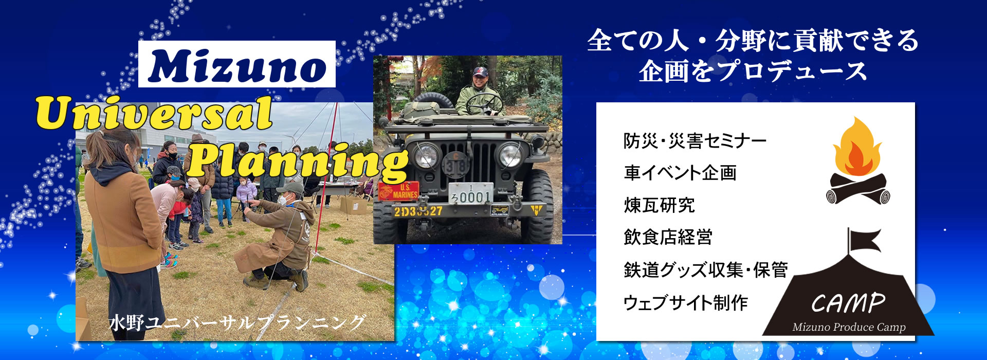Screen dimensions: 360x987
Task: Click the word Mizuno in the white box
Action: (237, 65)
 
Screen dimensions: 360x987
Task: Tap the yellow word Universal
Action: (154, 114)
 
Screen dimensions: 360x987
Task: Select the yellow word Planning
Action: (298, 162)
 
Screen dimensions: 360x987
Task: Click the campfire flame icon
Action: (857, 149)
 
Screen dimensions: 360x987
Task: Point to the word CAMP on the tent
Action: (848, 303)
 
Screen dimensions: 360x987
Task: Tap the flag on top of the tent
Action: (864, 241)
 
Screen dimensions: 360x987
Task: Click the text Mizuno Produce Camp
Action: (849, 327)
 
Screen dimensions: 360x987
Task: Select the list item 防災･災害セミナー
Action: (695, 141)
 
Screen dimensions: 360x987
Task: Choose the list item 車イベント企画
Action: (680, 173)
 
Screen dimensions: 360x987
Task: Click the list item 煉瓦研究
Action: (660, 206)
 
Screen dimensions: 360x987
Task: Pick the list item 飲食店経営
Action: (668, 238)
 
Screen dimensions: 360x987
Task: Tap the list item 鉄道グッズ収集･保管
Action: (706, 270)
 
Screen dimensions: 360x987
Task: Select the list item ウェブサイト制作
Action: (686, 303)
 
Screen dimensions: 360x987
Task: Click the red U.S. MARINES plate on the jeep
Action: (398, 191)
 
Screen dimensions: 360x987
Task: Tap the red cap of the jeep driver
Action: (480, 71)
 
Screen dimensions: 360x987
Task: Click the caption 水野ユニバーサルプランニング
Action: (236, 323)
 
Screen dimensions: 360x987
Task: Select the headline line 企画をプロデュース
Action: (753, 71)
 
